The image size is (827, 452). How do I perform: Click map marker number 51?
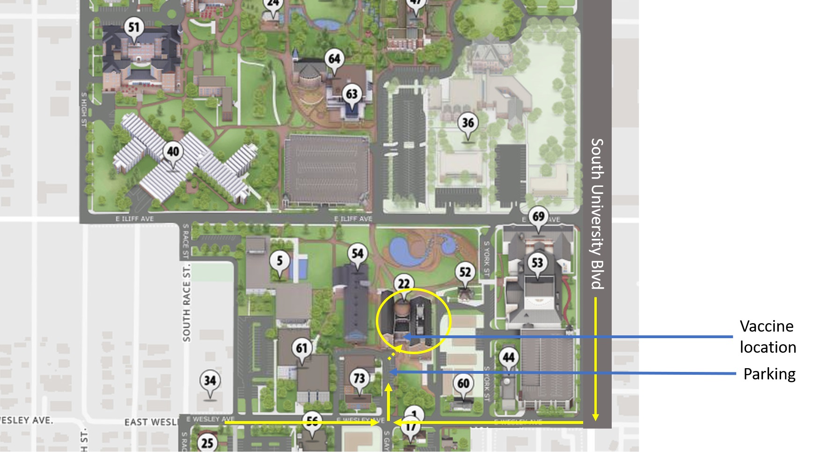(134, 28)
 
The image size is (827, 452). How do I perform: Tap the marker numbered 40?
(173, 152)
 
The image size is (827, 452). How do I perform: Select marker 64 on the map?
(334, 59)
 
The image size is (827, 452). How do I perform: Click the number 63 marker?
(352, 95)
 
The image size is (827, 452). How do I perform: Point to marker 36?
(468, 123)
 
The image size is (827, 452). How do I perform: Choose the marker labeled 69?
(538, 217)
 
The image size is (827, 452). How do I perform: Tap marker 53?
(537, 263)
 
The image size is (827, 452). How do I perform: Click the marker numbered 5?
(280, 260)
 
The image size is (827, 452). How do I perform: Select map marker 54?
(358, 254)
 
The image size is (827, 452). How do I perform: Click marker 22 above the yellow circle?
(403, 284)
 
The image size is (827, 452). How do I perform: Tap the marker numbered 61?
(302, 348)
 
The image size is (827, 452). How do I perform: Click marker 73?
(359, 378)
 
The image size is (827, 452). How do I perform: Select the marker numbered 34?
(210, 381)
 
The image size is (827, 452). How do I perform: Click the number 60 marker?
(463, 384)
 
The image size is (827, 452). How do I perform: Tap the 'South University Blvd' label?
(597, 214)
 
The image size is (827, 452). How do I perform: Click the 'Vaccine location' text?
(767, 336)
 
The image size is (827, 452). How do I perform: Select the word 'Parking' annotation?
(769, 374)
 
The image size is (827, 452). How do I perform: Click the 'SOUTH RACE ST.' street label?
(186, 302)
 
